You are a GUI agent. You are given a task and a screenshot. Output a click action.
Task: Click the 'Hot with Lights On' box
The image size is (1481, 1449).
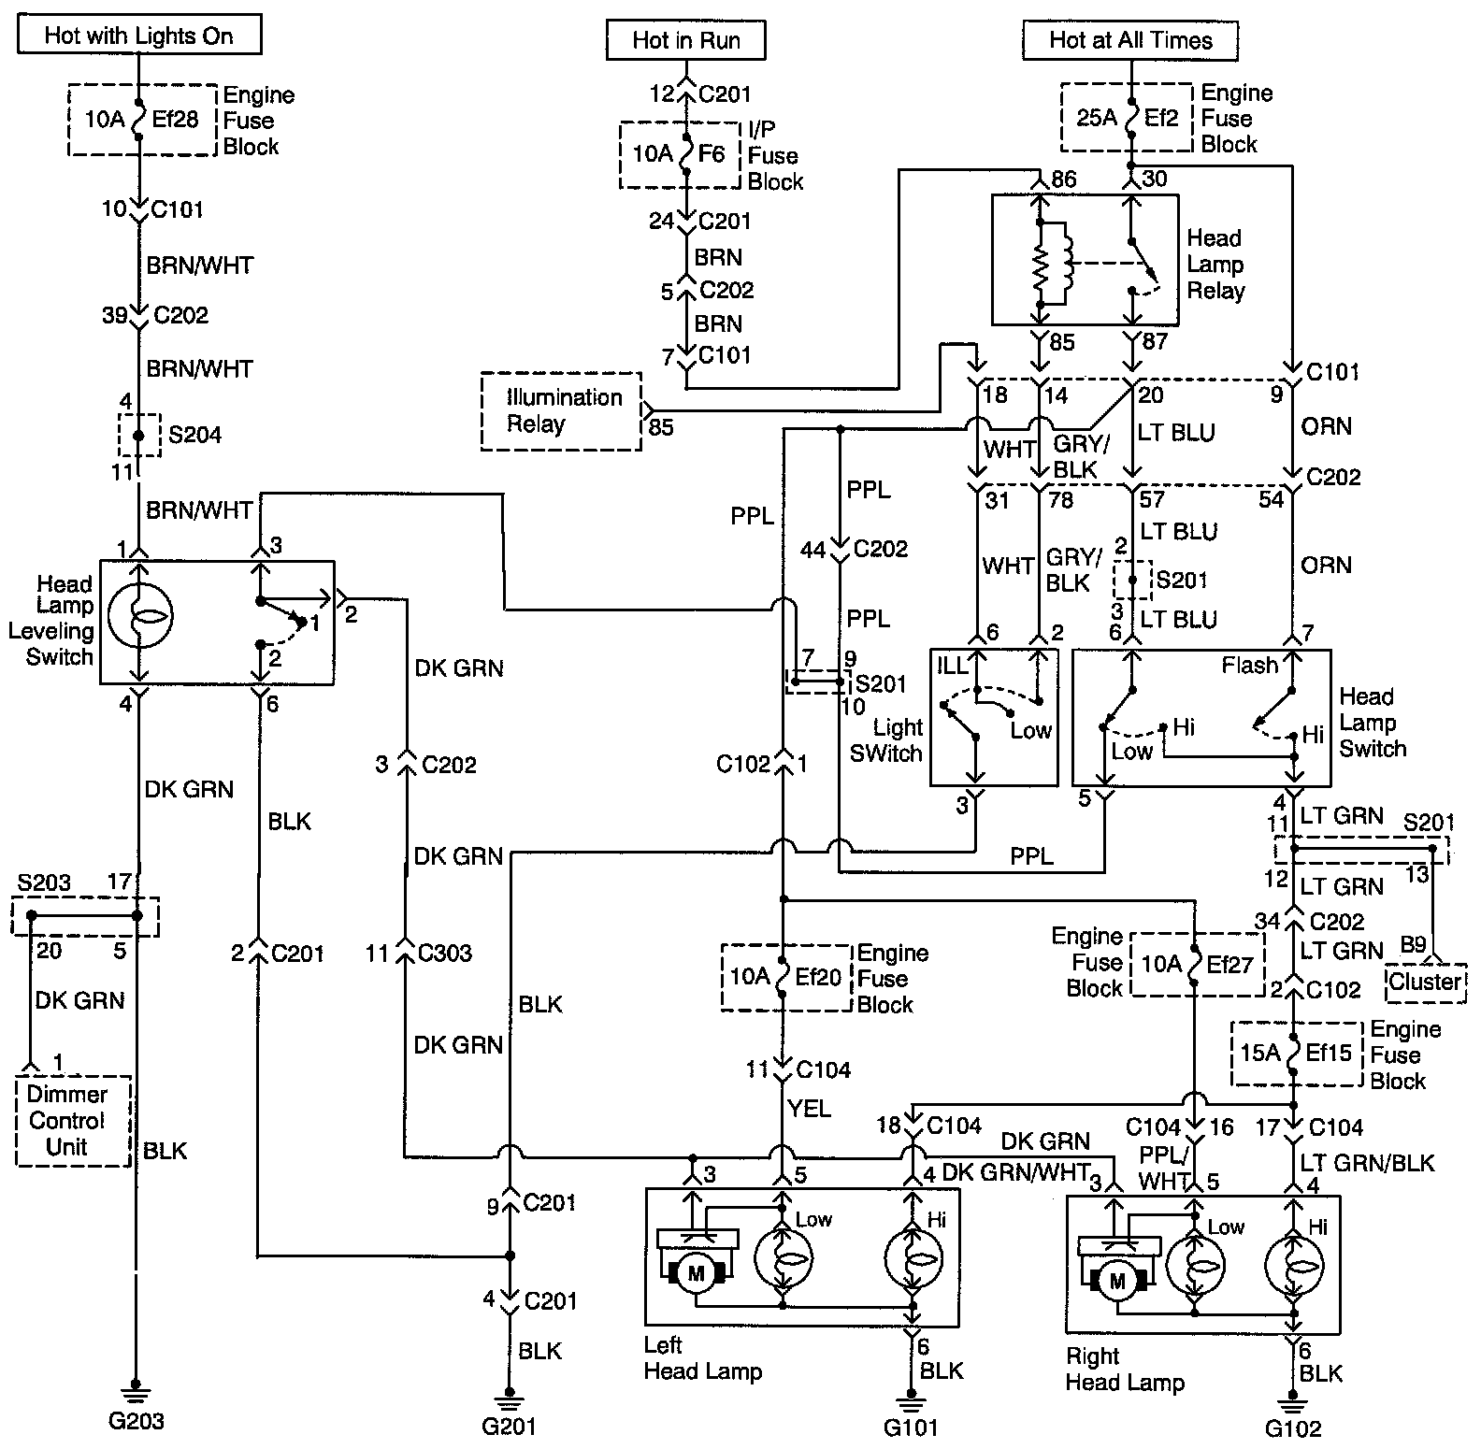click(x=139, y=36)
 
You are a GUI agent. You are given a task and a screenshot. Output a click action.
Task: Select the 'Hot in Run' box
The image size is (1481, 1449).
click(x=686, y=40)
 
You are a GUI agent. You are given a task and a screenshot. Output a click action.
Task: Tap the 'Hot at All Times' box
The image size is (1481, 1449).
click(x=1130, y=40)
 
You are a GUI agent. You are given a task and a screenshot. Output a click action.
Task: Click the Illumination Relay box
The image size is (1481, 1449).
click(x=562, y=411)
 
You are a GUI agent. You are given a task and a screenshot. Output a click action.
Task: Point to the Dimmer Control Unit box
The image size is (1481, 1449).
click(x=73, y=1121)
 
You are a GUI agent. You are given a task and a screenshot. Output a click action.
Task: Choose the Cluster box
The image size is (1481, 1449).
click(x=1425, y=983)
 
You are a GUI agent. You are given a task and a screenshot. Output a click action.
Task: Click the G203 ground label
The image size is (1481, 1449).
click(x=137, y=1421)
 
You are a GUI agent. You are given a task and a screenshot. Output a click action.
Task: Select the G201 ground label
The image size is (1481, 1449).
click(x=509, y=1426)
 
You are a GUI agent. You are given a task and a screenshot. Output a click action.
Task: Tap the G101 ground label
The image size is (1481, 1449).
click(x=910, y=1427)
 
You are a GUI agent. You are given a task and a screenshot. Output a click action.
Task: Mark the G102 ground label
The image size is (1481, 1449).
click(x=1294, y=1428)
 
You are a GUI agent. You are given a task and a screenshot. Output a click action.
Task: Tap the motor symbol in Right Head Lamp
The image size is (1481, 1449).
click(x=1116, y=1281)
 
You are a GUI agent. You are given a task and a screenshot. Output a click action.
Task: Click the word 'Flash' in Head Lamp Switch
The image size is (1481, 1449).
click(x=1250, y=666)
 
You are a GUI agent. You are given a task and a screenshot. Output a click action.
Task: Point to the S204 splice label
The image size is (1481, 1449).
click(x=194, y=435)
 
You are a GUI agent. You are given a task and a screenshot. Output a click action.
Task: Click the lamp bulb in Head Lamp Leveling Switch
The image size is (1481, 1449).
click(x=138, y=617)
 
